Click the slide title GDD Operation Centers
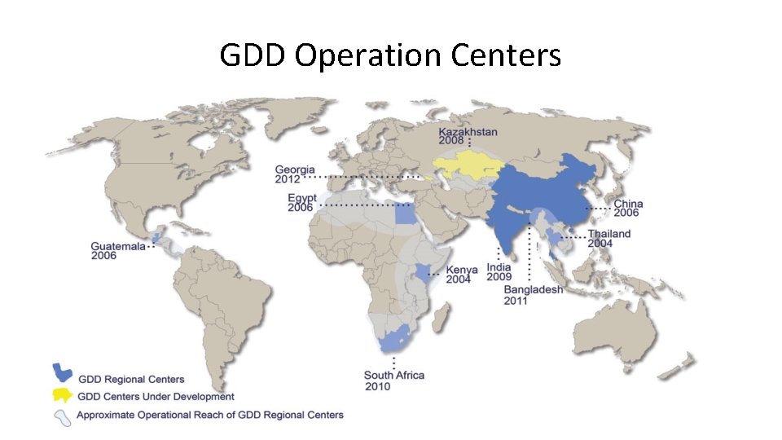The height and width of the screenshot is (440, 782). click(390, 55)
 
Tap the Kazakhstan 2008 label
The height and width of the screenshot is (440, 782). click(468, 135)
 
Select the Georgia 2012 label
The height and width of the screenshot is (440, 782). click(295, 174)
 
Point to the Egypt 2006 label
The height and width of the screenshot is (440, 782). click(302, 202)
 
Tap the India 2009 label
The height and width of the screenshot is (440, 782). click(499, 271)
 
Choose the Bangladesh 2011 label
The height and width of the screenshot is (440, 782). click(533, 295)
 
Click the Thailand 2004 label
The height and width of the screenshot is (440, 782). click(609, 238)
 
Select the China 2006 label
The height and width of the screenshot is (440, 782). click(628, 208)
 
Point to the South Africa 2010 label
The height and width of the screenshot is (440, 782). click(393, 381)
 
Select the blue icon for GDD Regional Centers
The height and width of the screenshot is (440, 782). click(62, 373)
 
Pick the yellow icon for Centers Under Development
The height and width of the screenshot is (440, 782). click(62, 395)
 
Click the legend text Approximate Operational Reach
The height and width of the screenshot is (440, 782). click(209, 415)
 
